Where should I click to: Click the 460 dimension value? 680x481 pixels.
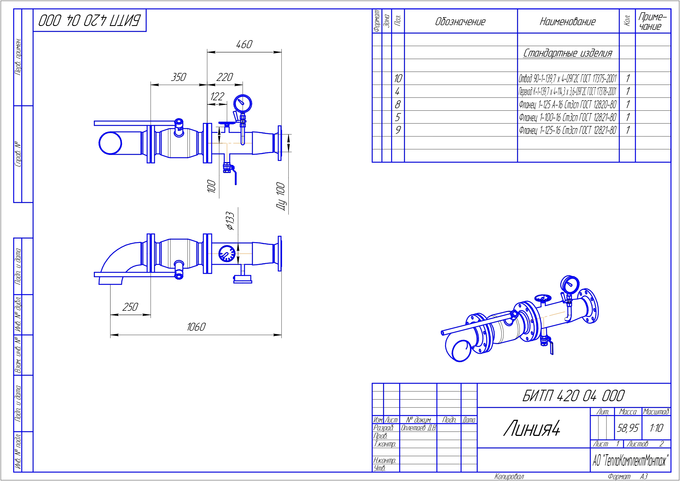[x=244, y=45]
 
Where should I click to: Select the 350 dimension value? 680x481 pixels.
[x=178, y=77]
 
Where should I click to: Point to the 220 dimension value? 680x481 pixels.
[x=224, y=77]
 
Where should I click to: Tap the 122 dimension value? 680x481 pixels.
[x=217, y=96]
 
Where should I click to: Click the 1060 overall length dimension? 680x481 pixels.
[x=196, y=327]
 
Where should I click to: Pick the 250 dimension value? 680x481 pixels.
[x=130, y=307]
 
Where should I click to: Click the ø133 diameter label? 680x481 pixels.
[x=230, y=221]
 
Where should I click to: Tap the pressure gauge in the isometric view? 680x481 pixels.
[x=570, y=285]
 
